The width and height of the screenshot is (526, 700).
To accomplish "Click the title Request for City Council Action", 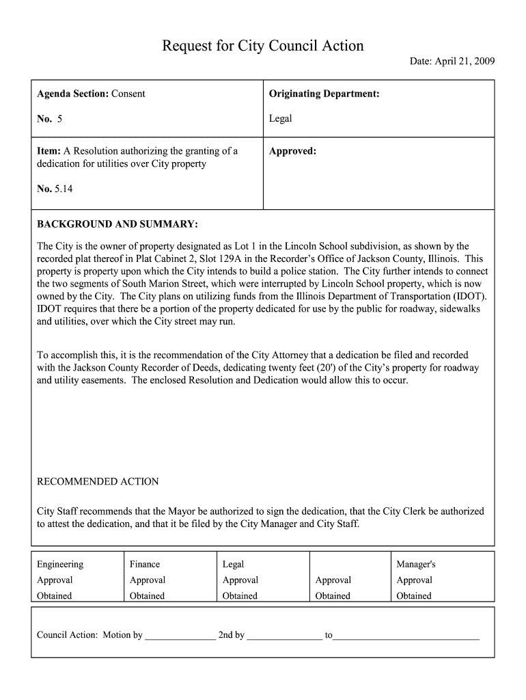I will [x=263, y=46].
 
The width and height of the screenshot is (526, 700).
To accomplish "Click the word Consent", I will [x=128, y=94].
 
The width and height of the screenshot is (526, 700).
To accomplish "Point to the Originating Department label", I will [x=324, y=94].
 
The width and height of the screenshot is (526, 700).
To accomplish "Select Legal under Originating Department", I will [x=280, y=118].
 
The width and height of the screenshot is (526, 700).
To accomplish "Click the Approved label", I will [x=292, y=151].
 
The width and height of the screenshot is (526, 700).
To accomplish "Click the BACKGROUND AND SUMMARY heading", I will [x=117, y=224].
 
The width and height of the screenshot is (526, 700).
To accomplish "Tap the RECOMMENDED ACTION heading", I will [x=98, y=482].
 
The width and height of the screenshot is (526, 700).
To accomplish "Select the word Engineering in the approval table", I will [x=60, y=564].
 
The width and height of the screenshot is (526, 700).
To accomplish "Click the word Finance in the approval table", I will [x=145, y=564].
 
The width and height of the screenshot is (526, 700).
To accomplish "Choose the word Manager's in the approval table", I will [x=416, y=564].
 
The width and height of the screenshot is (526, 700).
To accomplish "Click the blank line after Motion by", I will [x=180, y=636].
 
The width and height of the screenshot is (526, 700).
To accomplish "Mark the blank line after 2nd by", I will [x=284, y=636].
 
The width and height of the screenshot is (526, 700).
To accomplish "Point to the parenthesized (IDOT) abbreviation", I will [x=469, y=296].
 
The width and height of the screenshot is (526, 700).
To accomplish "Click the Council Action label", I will [x=67, y=635].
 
